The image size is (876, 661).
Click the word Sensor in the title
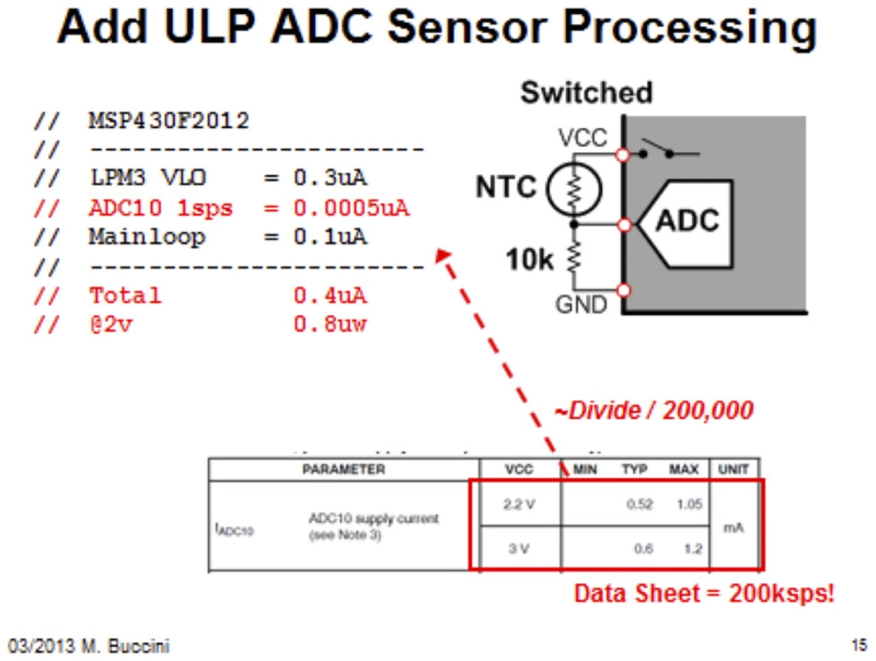tap(467, 27)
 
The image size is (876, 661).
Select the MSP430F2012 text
tap(169, 120)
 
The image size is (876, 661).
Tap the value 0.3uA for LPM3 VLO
tap(330, 177)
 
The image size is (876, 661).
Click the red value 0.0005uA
tap(352, 208)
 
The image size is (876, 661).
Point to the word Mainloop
tap(147, 237)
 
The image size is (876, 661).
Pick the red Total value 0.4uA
tap(330, 296)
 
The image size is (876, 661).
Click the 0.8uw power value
tap(330, 324)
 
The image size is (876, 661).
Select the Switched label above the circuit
tap(587, 92)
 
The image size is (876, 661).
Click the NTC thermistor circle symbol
tap(574, 189)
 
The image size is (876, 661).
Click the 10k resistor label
tap(529, 260)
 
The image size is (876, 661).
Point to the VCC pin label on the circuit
tap(582, 138)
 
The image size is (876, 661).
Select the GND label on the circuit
tap(581, 304)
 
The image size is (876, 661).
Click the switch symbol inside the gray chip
tap(669, 149)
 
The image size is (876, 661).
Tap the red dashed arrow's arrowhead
tap(442, 255)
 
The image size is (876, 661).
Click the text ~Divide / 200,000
tap(654, 411)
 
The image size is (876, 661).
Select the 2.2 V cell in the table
tap(519, 504)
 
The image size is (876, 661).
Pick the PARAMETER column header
tap(344, 469)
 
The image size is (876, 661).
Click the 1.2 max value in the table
tap(693, 549)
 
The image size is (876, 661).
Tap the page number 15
tap(860, 645)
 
